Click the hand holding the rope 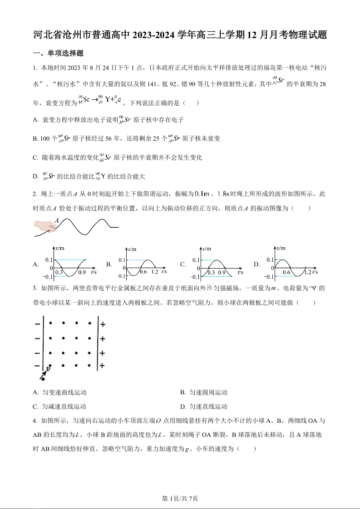click(x=45, y=227)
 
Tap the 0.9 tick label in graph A click(x=82, y=272)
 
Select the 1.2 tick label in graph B click(x=154, y=272)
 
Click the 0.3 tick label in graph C click(x=211, y=272)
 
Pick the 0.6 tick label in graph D click(x=286, y=272)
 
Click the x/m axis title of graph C click(x=207, y=249)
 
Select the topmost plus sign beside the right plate click(x=103, y=324)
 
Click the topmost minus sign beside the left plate click(x=36, y=324)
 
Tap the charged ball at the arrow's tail click(x=43, y=378)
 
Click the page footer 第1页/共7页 click(x=180, y=499)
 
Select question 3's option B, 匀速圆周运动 click(x=208, y=392)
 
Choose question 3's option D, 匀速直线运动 click(x=208, y=406)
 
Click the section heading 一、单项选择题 click(x=58, y=53)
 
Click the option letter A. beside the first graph click(x=36, y=264)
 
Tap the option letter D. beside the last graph click(x=256, y=264)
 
